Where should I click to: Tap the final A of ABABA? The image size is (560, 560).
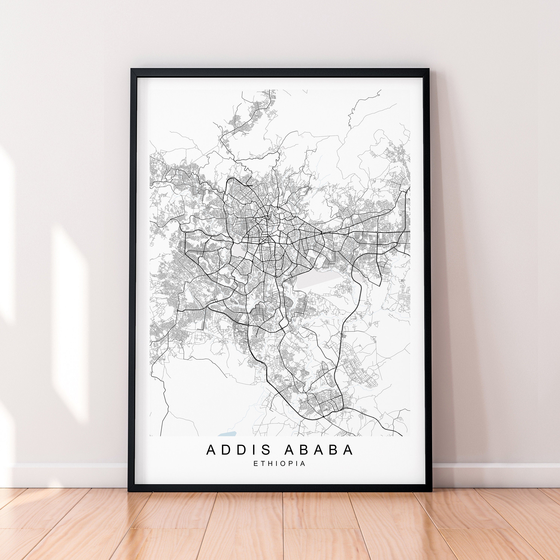point(349,450)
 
